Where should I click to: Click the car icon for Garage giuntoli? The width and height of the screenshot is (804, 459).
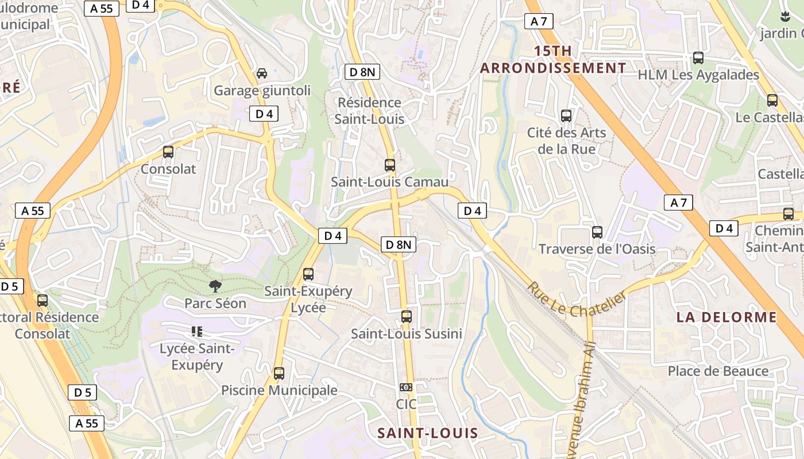[x=262, y=73]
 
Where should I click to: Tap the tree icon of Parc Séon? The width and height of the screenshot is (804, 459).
[x=215, y=286]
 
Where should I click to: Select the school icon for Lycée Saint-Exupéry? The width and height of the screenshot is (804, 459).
[x=197, y=331]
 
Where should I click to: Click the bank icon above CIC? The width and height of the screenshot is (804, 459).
[x=406, y=387]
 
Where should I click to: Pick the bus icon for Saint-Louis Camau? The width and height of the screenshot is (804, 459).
[x=390, y=165]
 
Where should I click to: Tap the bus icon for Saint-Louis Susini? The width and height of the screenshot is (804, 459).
[x=407, y=317]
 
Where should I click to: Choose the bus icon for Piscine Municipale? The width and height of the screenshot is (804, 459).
[x=279, y=374]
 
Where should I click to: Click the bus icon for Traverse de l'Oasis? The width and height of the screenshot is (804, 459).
[x=597, y=232]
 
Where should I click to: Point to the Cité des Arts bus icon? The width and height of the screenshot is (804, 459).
[x=566, y=116]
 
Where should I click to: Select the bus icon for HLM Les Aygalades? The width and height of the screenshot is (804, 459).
[x=698, y=58]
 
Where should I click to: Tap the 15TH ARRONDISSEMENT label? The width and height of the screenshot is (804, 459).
[x=553, y=60]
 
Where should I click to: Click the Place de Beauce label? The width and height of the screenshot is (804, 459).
[x=718, y=371]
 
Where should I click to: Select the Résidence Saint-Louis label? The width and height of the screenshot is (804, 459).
[x=369, y=111]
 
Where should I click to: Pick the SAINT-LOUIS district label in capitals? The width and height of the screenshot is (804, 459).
[x=428, y=433]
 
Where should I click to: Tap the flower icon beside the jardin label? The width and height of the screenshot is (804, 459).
[x=786, y=17]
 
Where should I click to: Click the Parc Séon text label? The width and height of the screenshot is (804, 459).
[x=215, y=303]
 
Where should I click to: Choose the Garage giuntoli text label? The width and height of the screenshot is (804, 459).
[x=262, y=91]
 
